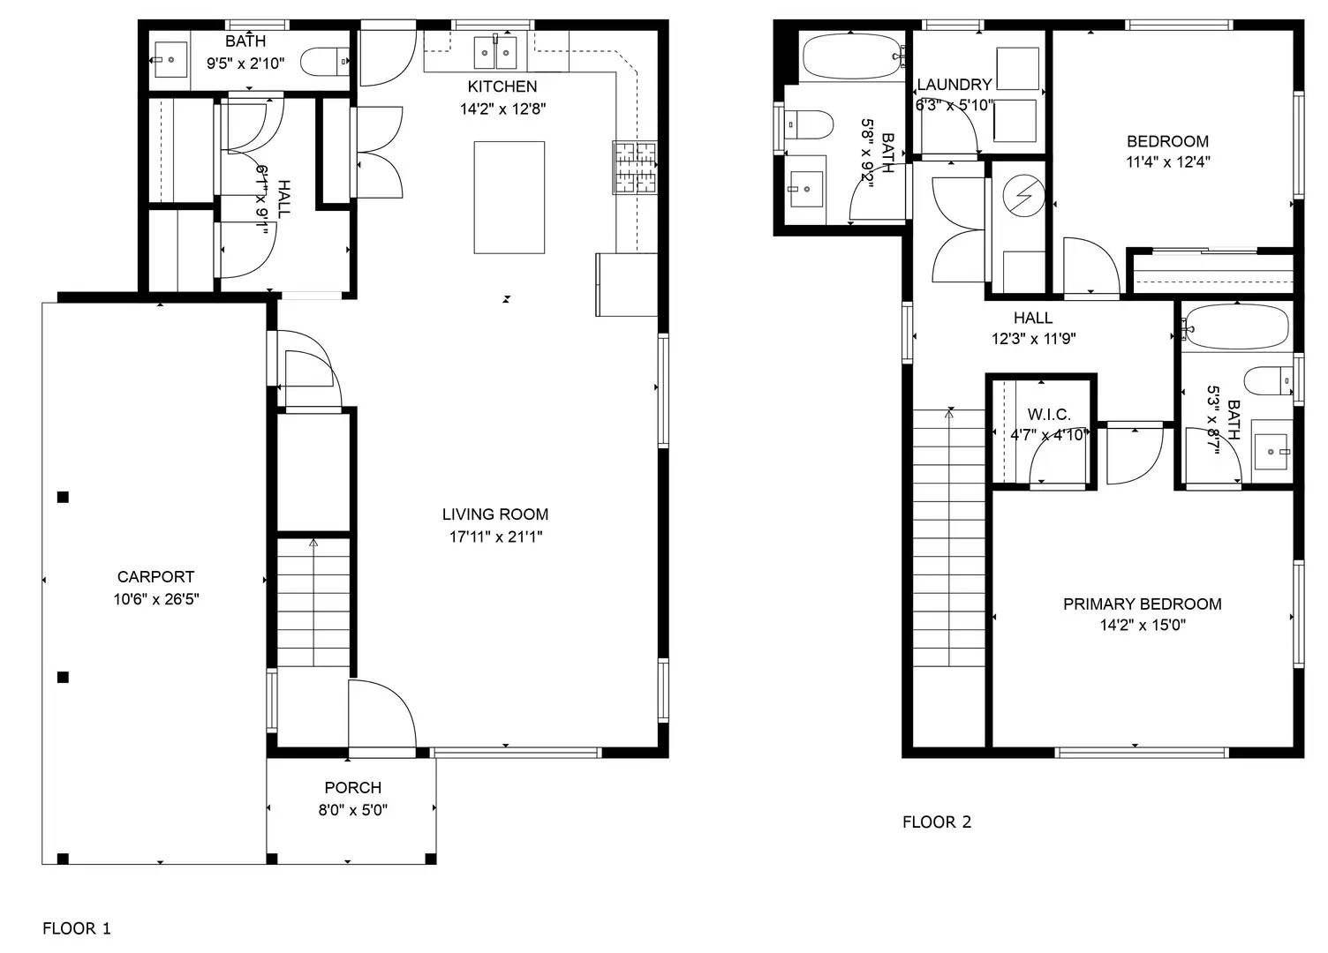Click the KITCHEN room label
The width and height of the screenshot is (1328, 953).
pyautogui.click(x=502, y=86)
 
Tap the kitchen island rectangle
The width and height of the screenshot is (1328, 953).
pyautogui.click(x=509, y=197)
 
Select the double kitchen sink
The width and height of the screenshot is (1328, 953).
pyautogui.click(x=494, y=53)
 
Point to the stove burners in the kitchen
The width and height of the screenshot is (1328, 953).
pyautogui.click(x=635, y=167)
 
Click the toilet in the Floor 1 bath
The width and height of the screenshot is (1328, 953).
pyautogui.click(x=324, y=62)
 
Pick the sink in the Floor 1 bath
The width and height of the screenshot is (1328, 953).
pyautogui.click(x=170, y=60)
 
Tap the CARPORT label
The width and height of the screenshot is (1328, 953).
pyautogui.click(x=155, y=577)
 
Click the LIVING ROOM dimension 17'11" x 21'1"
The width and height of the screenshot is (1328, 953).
pyautogui.click(x=495, y=537)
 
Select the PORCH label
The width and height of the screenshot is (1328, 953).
pyautogui.click(x=352, y=788)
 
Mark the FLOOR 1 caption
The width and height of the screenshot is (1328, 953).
pyautogui.click(x=77, y=928)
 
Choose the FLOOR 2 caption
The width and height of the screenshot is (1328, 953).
pyautogui.click(x=936, y=822)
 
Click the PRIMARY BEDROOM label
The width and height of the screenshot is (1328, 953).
pyautogui.click(x=1142, y=604)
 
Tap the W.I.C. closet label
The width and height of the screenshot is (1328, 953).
pyautogui.click(x=1048, y=415)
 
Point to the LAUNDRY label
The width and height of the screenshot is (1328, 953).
pyautogui.click(x=954, y=85)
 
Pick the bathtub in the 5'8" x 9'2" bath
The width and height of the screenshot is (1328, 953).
pyautogui.click(x=853, y=57)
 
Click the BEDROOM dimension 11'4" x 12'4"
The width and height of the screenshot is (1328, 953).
pyautogui.click(x=1167, y=162)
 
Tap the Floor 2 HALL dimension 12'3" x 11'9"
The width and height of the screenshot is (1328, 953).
pyautogui.click(x=1032, y=339)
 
